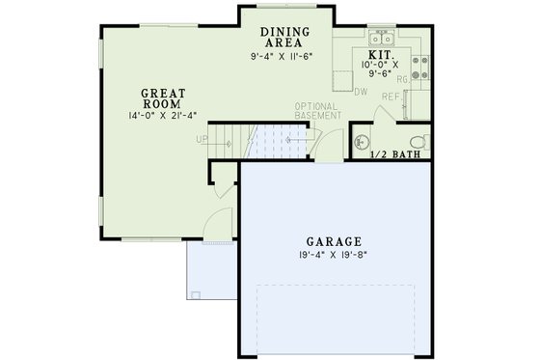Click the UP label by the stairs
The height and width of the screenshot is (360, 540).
(x=201, y=138)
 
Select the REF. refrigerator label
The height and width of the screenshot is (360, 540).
(x=391, y=97)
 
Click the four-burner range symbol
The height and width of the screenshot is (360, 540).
(x=420, y=66)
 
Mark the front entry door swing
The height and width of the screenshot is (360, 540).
(x=220, y=220)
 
